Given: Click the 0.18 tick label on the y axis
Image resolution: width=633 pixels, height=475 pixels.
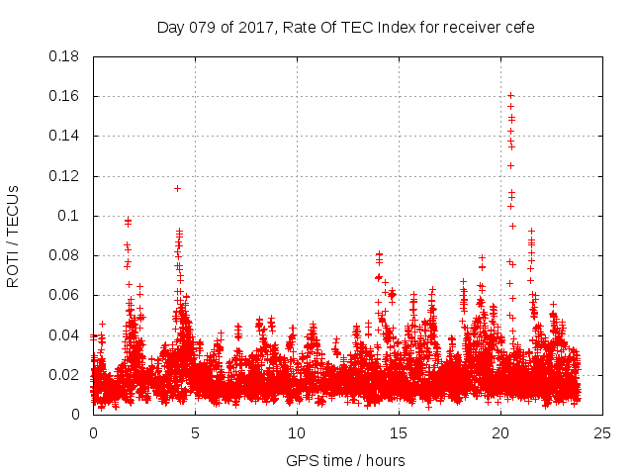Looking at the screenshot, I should [x=65, y=56].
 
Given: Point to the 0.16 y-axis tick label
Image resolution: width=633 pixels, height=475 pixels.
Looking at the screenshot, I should [x=65, y=96].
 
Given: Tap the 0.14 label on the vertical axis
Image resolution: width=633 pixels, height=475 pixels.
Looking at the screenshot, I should [x=65, y=136].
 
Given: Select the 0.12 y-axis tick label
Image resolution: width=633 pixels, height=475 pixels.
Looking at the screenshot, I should [x=65, y=176].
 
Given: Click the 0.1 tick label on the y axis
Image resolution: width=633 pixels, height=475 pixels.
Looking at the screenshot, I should [x=72, y=216].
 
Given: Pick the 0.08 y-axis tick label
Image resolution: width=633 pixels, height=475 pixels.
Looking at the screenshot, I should [x=65, y=255].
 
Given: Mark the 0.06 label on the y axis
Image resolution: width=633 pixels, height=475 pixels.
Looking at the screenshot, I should [x=65, y=295].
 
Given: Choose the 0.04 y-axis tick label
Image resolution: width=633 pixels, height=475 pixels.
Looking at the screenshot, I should [x=65, y=334].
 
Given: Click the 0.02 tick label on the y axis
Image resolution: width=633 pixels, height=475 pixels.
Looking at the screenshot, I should [x=65, y=375].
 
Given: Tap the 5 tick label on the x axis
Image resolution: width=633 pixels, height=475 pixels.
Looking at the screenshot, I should [x=195, y=432].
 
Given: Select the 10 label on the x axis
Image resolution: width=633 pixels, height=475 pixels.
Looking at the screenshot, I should [x=297, y=432].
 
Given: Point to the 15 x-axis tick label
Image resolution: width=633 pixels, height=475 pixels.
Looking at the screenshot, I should [x=399, y=432].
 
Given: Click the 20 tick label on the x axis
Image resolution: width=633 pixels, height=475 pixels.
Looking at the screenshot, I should [x=500, y=432].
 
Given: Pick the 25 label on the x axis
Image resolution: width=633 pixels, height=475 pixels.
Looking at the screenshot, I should [x=602, y=432].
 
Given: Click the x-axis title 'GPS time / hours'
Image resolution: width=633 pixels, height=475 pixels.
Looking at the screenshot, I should [x=345, y=460].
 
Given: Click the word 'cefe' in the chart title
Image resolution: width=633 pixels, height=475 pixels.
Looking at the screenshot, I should [x=519, y=28].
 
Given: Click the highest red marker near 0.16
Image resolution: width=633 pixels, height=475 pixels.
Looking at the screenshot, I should [x=510, y=96].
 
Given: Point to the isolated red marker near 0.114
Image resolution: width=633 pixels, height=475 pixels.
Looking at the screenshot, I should [x=177, y=188].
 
